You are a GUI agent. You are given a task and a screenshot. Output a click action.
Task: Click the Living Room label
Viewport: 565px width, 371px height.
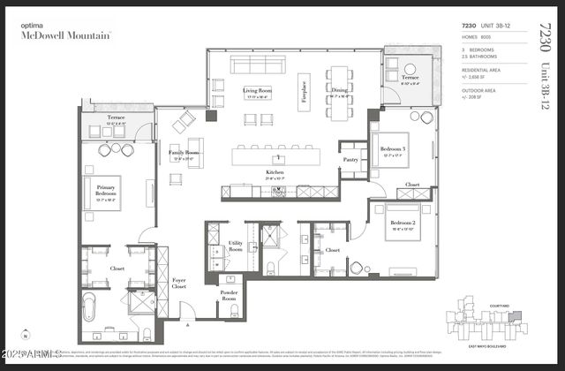258,90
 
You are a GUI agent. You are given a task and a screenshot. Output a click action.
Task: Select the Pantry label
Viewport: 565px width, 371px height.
351,160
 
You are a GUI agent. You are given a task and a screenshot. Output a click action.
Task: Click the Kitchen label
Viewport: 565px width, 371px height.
276,172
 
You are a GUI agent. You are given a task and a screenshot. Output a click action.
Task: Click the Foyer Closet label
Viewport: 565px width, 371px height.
179,284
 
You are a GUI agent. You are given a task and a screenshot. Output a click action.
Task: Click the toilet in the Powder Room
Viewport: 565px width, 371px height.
229,309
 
